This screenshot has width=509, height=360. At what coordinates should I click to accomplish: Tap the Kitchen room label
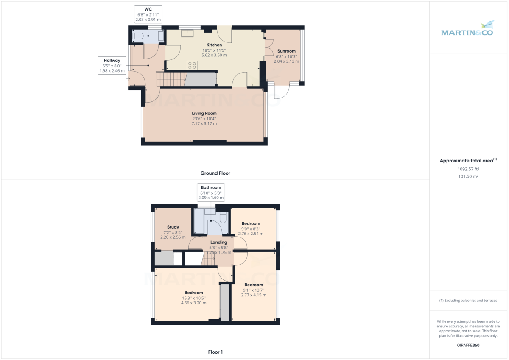(x=214, y=45)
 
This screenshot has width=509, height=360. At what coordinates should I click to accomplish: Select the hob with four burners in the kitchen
(x=192, y=65)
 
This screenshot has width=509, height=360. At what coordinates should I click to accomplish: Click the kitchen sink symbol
(x=187, y=33)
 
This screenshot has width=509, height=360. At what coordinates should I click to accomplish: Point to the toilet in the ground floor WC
(x=137, y=37)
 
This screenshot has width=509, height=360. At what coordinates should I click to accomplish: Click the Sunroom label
(x=286, y=51)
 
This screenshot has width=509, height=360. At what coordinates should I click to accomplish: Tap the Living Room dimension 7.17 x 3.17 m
(x=204, y=123)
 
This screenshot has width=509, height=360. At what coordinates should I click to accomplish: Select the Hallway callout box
(x=112, y=66)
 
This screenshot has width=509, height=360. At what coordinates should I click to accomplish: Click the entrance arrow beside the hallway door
(x=129, y=78)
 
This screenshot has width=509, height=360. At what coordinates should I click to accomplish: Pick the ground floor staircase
(x=171, y=79)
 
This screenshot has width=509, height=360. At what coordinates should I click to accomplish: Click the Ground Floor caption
(x=215, y=173)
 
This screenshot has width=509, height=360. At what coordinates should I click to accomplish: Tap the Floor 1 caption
(x=215, y=352)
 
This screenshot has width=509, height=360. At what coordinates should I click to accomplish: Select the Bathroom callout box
(x=211, y=193)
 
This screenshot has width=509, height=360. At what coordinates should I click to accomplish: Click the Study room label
(x=173, y=227)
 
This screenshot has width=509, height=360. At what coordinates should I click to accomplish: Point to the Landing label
(x=218, y=243)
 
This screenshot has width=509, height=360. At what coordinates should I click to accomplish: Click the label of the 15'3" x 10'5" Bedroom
(x=193, y=293)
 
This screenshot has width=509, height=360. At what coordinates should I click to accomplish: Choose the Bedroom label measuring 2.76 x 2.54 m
(x=251, y=223)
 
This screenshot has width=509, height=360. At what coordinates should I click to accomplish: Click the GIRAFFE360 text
(x=468, y=345)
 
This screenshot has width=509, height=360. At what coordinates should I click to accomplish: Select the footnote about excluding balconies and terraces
(x=468, y=300)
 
